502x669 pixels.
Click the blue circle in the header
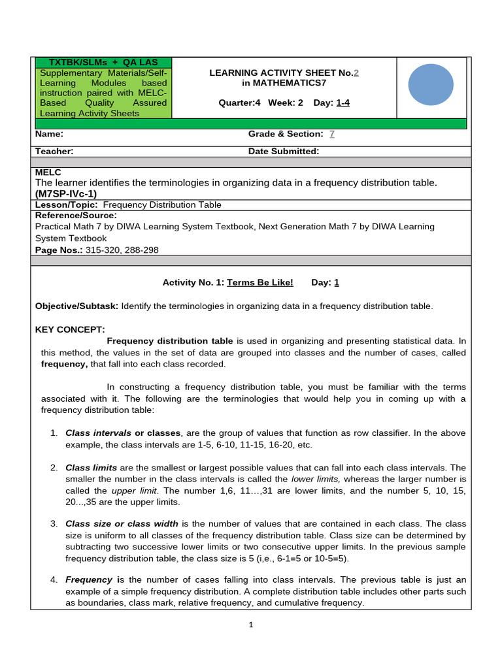point(431,84)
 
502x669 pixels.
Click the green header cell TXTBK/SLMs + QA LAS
point(103,62)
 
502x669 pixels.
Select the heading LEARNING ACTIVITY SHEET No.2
point(284,73)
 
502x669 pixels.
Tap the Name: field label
point(49,134)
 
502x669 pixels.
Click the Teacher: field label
point(54,152)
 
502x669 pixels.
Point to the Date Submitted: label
point(284,152)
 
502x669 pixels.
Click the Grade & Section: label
point(286,134)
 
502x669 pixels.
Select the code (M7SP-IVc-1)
point(65,194)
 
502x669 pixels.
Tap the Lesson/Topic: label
point(67,205)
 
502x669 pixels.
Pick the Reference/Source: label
point(76,215)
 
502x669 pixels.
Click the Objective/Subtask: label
point(76,306)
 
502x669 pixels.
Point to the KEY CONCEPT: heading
point(70,329)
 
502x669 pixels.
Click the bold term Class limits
point(91,468)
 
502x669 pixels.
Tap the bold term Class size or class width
point(122,524)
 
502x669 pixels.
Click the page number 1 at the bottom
point(250,625)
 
